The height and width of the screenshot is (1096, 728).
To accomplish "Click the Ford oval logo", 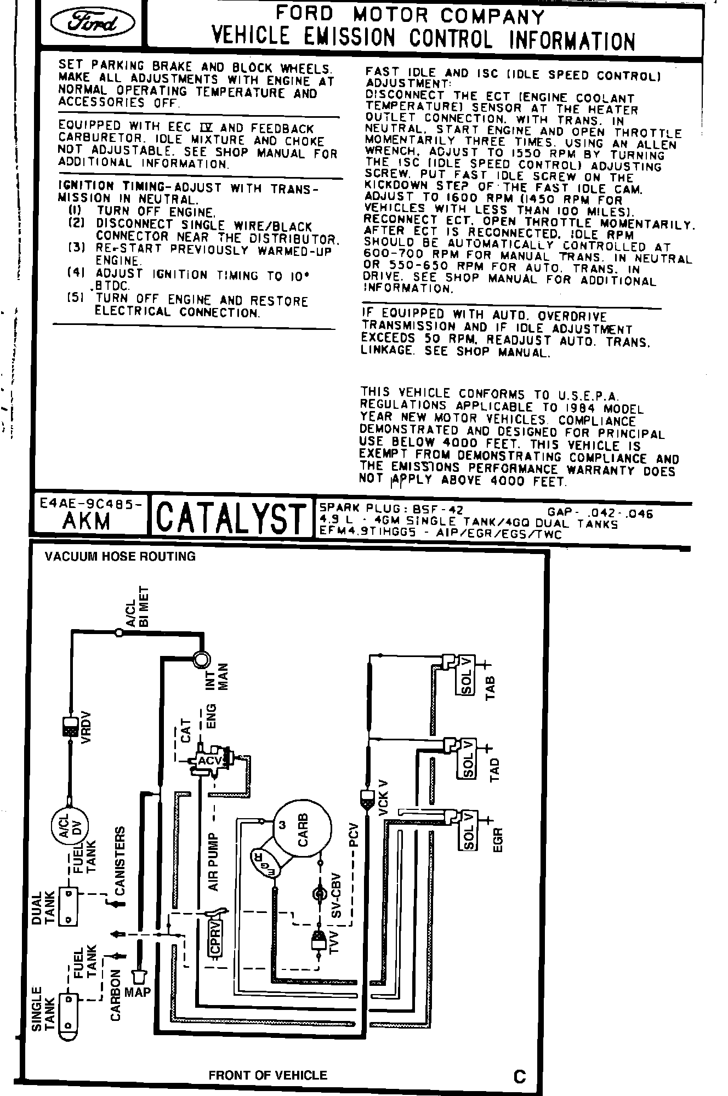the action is pos(92,23).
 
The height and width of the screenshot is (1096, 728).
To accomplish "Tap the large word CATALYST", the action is pos(231,518).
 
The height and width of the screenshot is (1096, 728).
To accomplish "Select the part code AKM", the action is pos(87,521).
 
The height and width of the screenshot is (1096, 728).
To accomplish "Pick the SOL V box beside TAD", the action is pos(467,759).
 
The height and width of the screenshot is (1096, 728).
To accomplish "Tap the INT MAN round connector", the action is pos(201,658).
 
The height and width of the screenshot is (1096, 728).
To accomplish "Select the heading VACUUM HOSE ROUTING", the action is pos(120,557).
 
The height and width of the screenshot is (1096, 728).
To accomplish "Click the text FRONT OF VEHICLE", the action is pos(268,1075).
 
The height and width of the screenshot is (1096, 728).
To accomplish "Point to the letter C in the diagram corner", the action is pos(520,1076).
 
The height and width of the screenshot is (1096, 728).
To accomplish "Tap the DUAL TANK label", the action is pos(43,908).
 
